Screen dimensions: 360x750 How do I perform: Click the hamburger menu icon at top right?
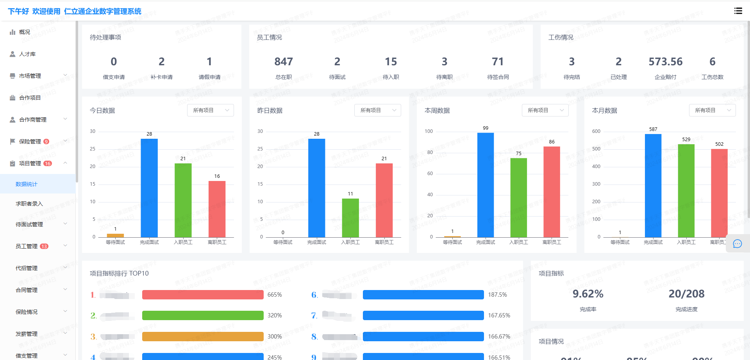coord(738,11)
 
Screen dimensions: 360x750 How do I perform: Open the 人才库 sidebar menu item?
coord(27,54)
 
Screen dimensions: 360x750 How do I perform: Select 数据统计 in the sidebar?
coord(27,184)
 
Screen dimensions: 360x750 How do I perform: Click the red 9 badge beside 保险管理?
coord(46,141)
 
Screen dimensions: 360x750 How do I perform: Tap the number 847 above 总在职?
coord(284,62)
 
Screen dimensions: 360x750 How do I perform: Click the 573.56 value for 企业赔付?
coord(665,62)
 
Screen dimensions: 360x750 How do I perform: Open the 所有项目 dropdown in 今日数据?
coord(210,110)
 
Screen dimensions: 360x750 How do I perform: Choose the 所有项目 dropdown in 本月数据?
coord(712,110)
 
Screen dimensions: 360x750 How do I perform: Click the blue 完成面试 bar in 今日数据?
coord(149,188)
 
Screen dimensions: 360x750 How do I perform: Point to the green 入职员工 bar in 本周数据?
coord(518,197)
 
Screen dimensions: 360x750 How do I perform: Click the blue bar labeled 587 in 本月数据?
coord(653,186)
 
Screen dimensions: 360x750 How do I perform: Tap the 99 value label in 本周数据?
coord(486,128)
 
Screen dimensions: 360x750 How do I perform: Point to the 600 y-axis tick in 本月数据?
coord(596,131)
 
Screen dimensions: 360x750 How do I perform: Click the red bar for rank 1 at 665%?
coord(203,295)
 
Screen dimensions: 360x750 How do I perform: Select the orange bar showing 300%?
coord(203,337)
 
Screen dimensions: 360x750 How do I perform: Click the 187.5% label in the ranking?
coord(497,295)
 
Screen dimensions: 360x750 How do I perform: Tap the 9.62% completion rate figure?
coord(588,294)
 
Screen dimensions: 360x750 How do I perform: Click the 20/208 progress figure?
coord(686,294)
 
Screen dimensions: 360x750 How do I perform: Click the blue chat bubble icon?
coord(737,244)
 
